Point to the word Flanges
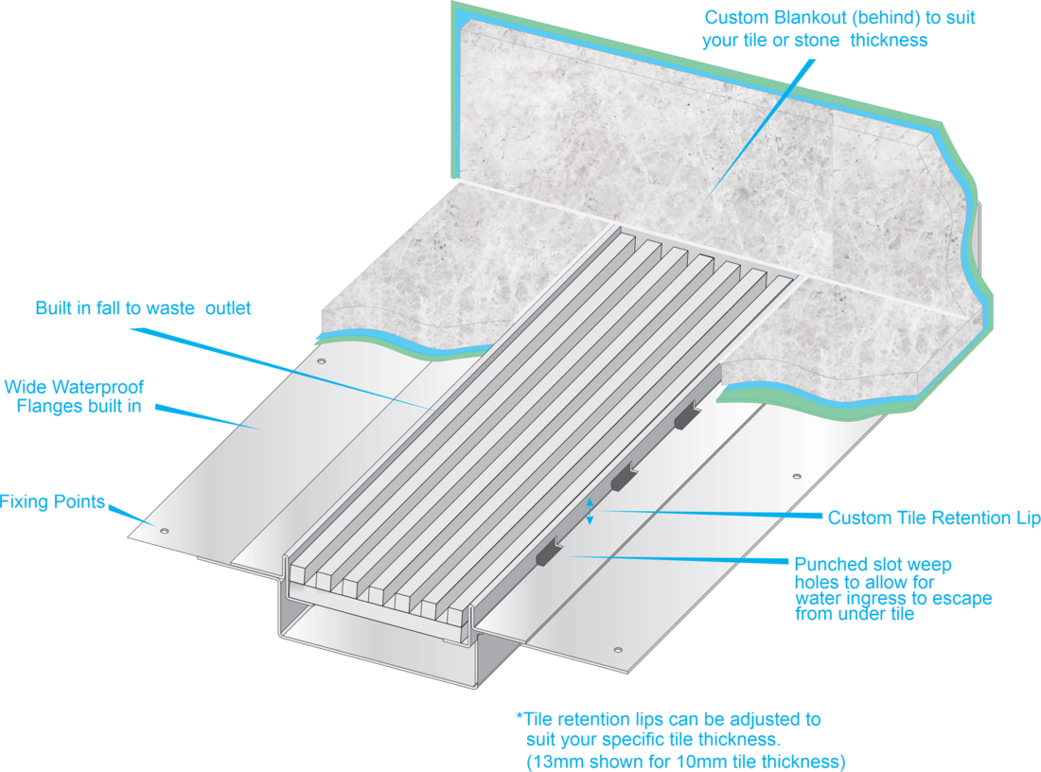click(52, 408)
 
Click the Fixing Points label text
click(52, 500)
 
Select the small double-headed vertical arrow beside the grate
click(590, 511)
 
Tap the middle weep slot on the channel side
click(622, 481)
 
